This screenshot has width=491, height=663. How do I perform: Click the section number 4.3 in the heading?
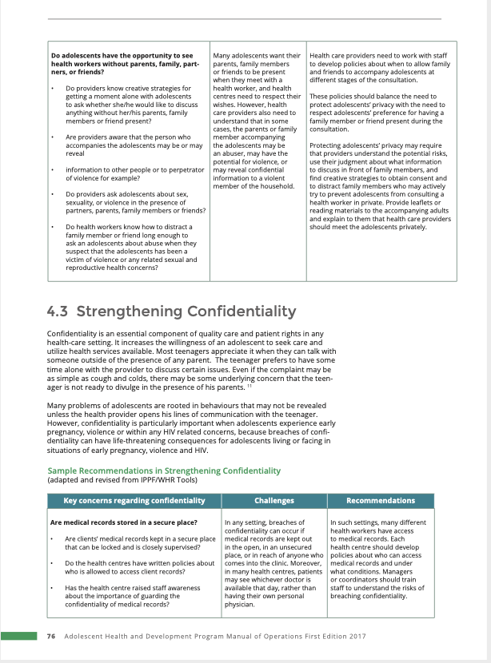61,310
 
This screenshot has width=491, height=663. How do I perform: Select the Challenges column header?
273,501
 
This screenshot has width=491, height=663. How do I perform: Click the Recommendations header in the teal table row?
381,501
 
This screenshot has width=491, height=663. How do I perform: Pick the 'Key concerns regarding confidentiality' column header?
134,501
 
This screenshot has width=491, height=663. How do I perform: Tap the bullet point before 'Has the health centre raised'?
52,589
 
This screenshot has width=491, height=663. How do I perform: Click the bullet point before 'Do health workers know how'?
52,227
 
